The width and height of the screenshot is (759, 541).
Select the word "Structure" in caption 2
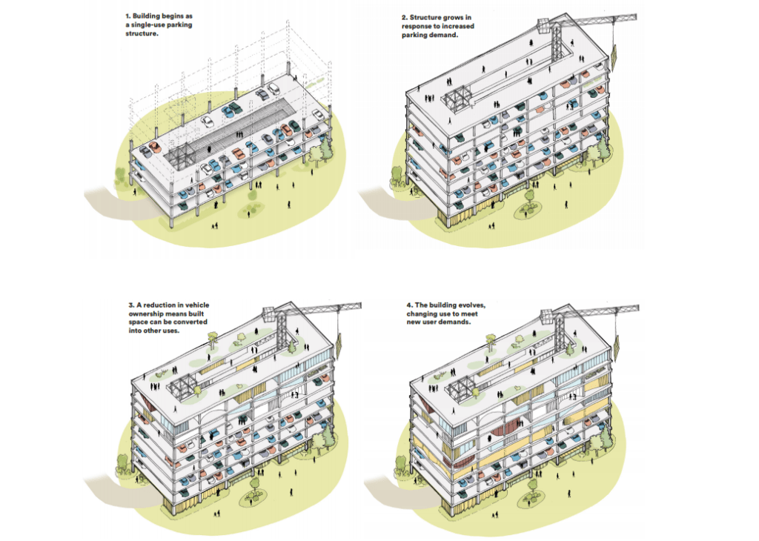coord(425,18)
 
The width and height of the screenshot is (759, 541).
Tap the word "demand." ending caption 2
coord(445,35)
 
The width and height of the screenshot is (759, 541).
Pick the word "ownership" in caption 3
coord(144,313)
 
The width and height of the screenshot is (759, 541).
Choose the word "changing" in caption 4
coord(421,313)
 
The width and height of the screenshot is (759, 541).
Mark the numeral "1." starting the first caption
coord(127,16)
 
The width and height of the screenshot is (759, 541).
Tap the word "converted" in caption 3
coord(193,322)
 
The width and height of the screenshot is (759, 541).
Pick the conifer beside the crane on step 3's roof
coord(292,348)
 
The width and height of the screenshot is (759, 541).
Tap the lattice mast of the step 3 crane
coord(281,334)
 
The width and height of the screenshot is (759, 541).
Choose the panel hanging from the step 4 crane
coord(617,348)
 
